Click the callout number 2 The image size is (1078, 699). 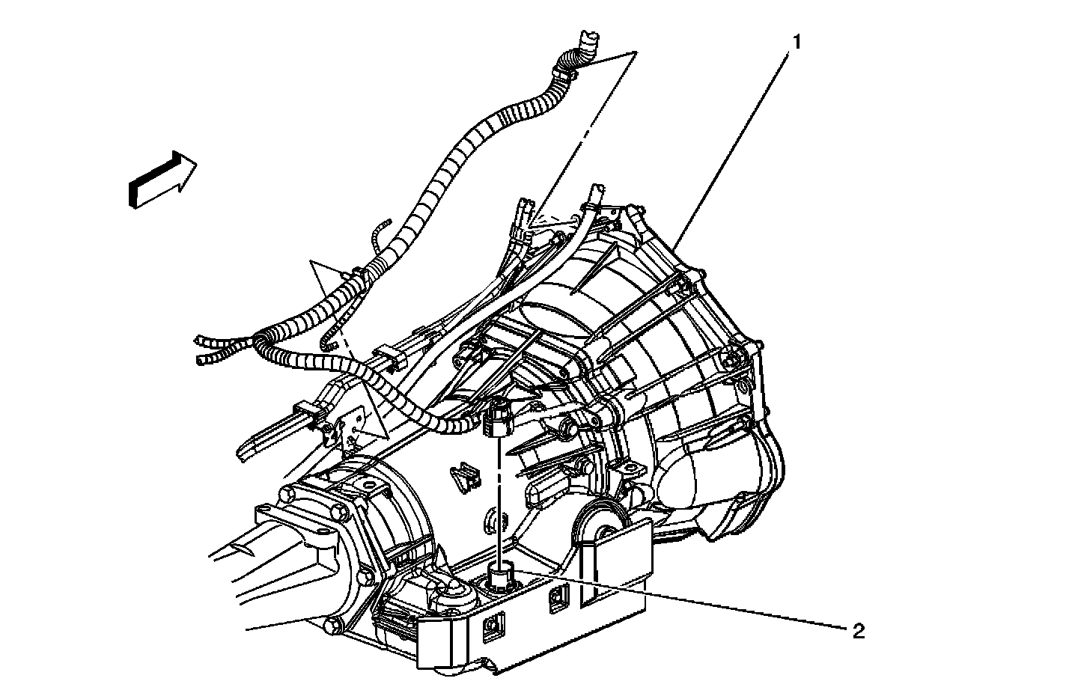(x=859, y=632)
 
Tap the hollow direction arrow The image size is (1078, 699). (x=162, y=180)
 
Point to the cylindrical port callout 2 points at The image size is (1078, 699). (x=500, y=576)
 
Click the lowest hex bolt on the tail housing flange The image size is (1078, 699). (x=335, y=626)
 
